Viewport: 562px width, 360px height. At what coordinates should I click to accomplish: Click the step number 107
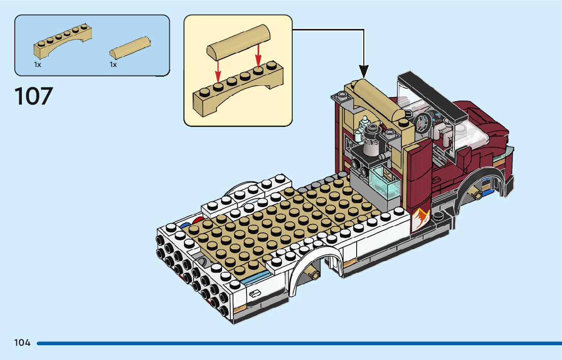pos(34,96)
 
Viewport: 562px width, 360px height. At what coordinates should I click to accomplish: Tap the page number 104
pos(22,343)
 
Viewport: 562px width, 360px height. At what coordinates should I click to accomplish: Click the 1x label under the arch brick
pos(37,65)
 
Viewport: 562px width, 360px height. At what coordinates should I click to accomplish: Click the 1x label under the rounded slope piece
pos(113,65)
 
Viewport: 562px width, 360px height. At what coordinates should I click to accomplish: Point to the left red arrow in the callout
pos(218,71)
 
